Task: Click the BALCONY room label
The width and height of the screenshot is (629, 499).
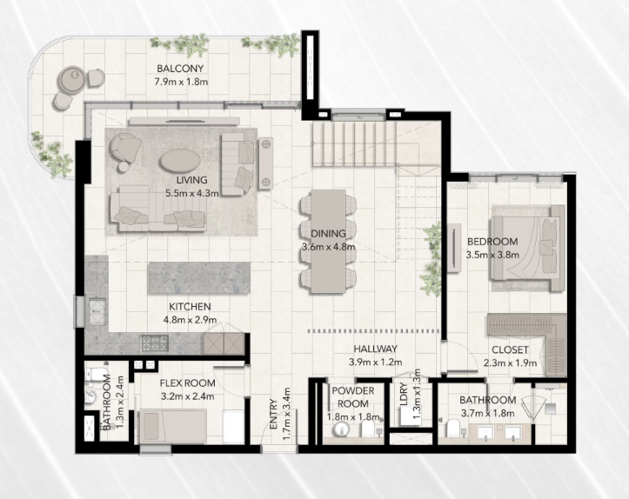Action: (180, 69)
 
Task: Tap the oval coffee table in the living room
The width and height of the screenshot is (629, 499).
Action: (180, 161)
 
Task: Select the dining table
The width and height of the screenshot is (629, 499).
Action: (329, 241)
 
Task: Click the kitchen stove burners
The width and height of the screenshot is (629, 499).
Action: (154, 343)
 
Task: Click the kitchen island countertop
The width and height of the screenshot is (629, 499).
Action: (199, 278)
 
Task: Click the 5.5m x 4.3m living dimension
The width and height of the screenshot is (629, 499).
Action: (192, 193)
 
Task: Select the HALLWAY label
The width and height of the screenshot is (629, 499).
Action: (376, 349)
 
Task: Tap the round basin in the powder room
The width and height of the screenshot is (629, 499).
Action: (341, 429)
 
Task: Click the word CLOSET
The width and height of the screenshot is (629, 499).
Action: (510, 349)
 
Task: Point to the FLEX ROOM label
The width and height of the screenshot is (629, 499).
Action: (187, 383)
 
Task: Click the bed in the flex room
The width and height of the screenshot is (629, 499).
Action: (173, 426)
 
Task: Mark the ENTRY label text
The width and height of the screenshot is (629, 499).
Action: (274, 415)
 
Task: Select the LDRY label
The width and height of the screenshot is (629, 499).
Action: (404, 395)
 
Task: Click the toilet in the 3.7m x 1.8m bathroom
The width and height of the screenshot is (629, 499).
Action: (453, 428)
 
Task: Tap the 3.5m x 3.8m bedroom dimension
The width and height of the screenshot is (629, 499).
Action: (492, 255)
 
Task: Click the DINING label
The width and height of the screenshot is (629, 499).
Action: (328, 233)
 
